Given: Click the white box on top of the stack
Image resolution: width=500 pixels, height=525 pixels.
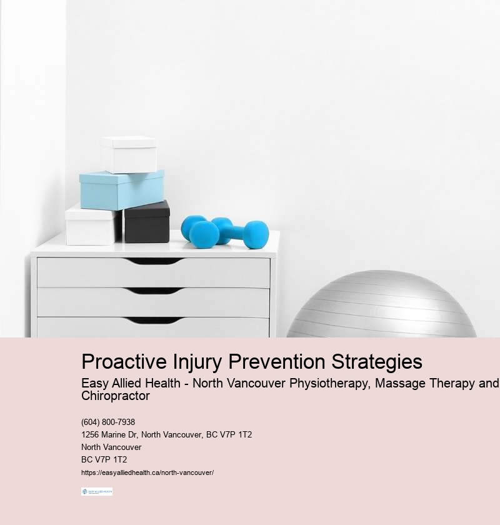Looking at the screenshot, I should (x=129, y=154).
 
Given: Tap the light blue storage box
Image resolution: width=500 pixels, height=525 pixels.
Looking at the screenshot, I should (x=122, y=189).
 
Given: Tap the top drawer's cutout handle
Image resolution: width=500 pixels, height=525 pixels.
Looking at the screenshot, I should (x=153, y=261).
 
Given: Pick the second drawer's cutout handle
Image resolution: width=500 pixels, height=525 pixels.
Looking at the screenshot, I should (x=153, y=291).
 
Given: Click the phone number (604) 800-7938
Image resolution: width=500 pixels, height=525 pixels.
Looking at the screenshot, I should (x=108, y=422).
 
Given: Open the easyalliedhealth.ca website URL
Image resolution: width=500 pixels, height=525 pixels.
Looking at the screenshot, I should (x=147, y=472).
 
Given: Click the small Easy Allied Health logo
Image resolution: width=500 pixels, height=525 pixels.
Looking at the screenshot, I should (x=97, y=492).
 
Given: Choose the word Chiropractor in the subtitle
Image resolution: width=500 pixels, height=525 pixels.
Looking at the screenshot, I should (x=116, y=396).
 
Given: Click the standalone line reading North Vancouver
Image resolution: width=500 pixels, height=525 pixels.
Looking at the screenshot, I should (x=111, y=447).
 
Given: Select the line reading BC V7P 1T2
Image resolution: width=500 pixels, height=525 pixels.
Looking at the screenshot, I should (x=104, y=459).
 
